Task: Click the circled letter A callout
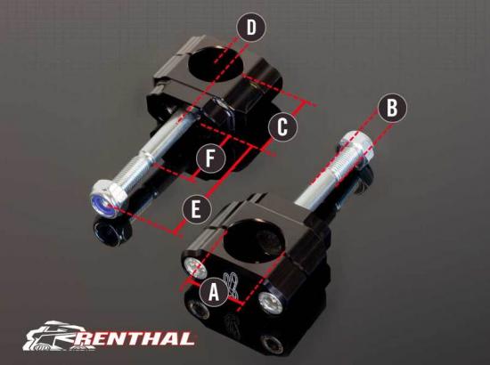point(214,290)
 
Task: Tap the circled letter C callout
point(282,126)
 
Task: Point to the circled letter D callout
point(251,28)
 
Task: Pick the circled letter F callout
point(209,159)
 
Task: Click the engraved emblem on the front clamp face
point(231,286)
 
